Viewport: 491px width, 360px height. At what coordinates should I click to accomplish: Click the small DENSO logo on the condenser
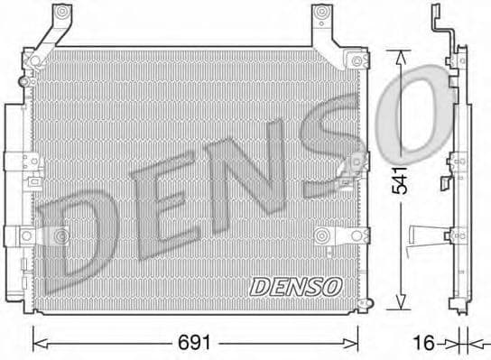coord(296,286)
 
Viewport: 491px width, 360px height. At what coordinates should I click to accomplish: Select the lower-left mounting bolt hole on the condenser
coord(61,236)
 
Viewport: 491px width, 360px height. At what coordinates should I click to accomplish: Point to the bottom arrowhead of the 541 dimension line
coord(403,309)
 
